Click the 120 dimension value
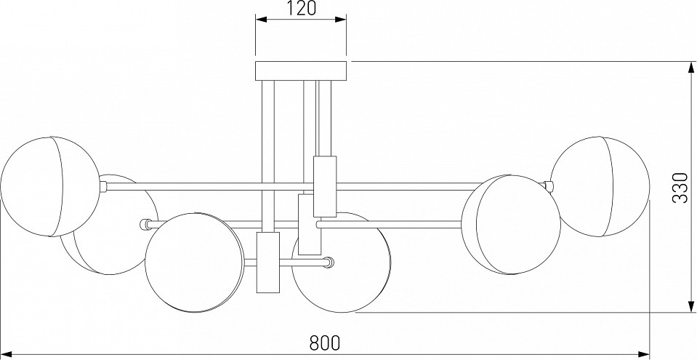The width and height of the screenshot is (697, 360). coord(300,9)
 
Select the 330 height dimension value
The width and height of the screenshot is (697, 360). coord(680,188)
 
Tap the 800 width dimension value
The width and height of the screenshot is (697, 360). coord(325,343)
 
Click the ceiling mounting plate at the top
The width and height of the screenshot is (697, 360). coord(301,71)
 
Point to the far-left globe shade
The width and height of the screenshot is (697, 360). coord(51,186)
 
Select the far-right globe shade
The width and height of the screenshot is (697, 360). coord(600,186)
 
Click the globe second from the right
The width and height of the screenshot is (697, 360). coord(511,224)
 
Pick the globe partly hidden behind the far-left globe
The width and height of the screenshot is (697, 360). coord(109,224)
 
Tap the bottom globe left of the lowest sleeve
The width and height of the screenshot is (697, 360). coord(195,263)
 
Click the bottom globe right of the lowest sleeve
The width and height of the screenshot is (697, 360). coord(342,263)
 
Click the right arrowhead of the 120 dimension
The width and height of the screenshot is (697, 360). coord(341,19)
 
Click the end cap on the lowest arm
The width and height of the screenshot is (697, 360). coord(329,263)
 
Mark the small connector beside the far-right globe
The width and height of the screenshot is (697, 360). coord(549,186)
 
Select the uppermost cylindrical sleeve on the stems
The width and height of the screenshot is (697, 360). coord(325,186)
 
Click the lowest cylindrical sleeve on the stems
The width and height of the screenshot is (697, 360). coord(268,263)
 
